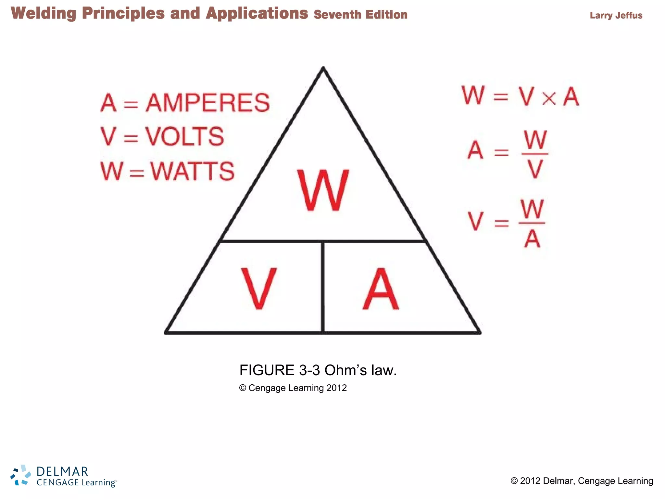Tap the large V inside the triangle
259,288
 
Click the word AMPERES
208,103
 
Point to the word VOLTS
184,136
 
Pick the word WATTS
193,171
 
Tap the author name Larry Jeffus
616,15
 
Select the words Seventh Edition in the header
360,15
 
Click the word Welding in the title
44,13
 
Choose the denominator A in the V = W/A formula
532,239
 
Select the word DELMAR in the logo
62,471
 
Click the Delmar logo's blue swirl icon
21,475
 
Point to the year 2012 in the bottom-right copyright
530,481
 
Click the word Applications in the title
257,13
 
